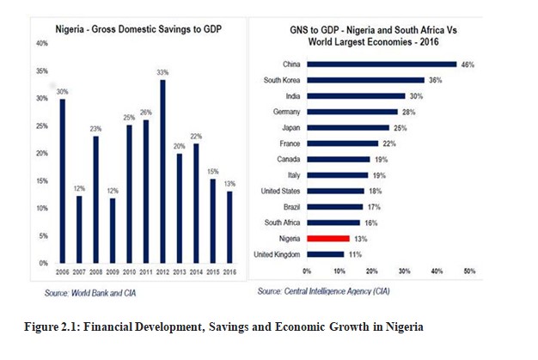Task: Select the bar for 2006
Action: pyautogui.click(x=63, y=180)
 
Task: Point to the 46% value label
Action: pyautogui.click(x=468, y=64)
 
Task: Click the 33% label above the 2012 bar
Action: pyautogui.click(x=162, y=73)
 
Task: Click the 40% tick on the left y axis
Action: pyautogui.click(x=41, y=43)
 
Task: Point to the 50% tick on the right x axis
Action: pyautogui.click(x=469, y=271)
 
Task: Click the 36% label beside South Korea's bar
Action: pyautogui.click(x=435, y=80)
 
